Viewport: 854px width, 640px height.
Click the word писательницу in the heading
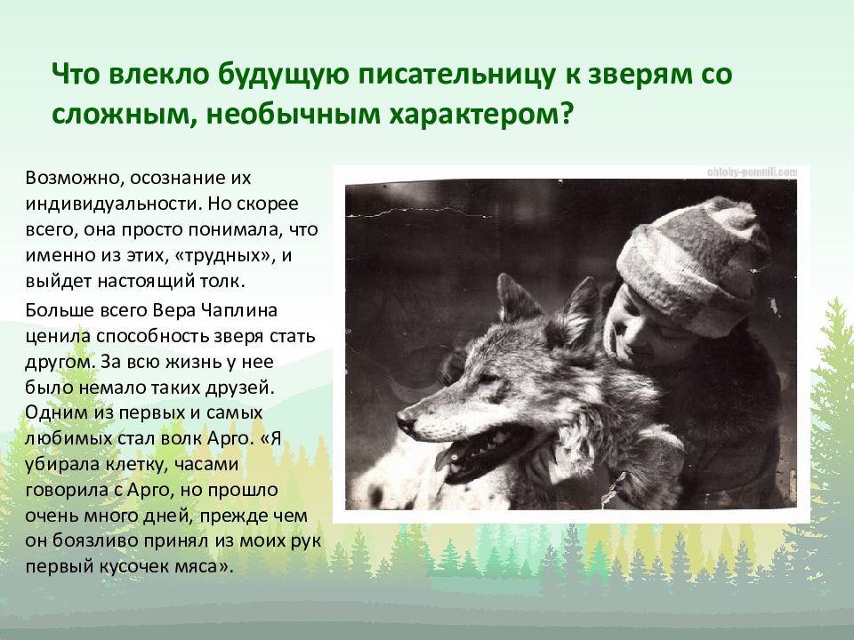click(455, 75)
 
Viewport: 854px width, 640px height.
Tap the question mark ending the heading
click(567, 114)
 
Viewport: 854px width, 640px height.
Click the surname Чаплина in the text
click(238, 310)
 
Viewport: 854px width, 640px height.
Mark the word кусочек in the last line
click(134, 567)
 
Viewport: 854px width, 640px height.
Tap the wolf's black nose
click(406, 419)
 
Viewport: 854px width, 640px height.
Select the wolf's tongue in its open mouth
click(447, 458)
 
